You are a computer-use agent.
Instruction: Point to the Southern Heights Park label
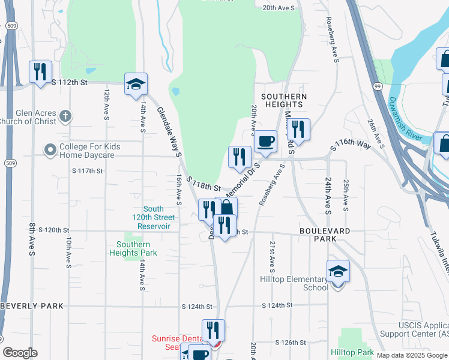click(137, 248)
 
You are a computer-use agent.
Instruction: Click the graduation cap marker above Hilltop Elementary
click(338, 272)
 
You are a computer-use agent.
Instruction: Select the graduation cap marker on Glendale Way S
click(136, 85)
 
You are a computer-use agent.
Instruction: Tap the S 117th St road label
click(88, 171)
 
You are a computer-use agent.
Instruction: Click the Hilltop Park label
click(353, 352)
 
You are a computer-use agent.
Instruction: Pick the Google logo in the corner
click(20, 353)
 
